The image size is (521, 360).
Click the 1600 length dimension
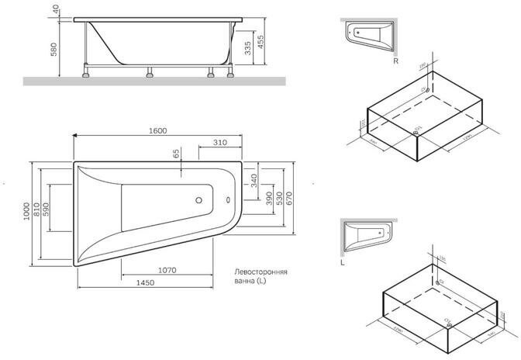[x=158, y=130]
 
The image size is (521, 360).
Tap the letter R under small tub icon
[x=395, y=60]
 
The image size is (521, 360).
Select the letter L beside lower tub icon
[x=342, y=261]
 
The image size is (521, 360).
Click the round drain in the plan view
[x=199, y=200]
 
